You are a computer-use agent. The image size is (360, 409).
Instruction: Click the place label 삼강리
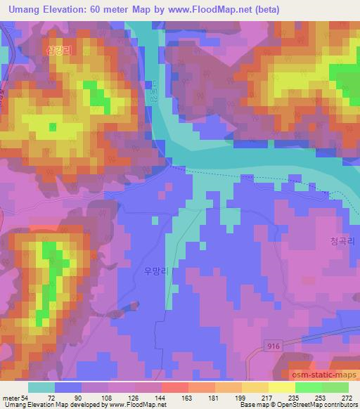(x=59, y=50)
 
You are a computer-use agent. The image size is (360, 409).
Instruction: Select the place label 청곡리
(x=342, y=240)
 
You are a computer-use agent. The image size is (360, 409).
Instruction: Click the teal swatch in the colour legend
(x=41, y=388)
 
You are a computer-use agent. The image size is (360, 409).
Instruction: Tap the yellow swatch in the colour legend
(x=282, y=388)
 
